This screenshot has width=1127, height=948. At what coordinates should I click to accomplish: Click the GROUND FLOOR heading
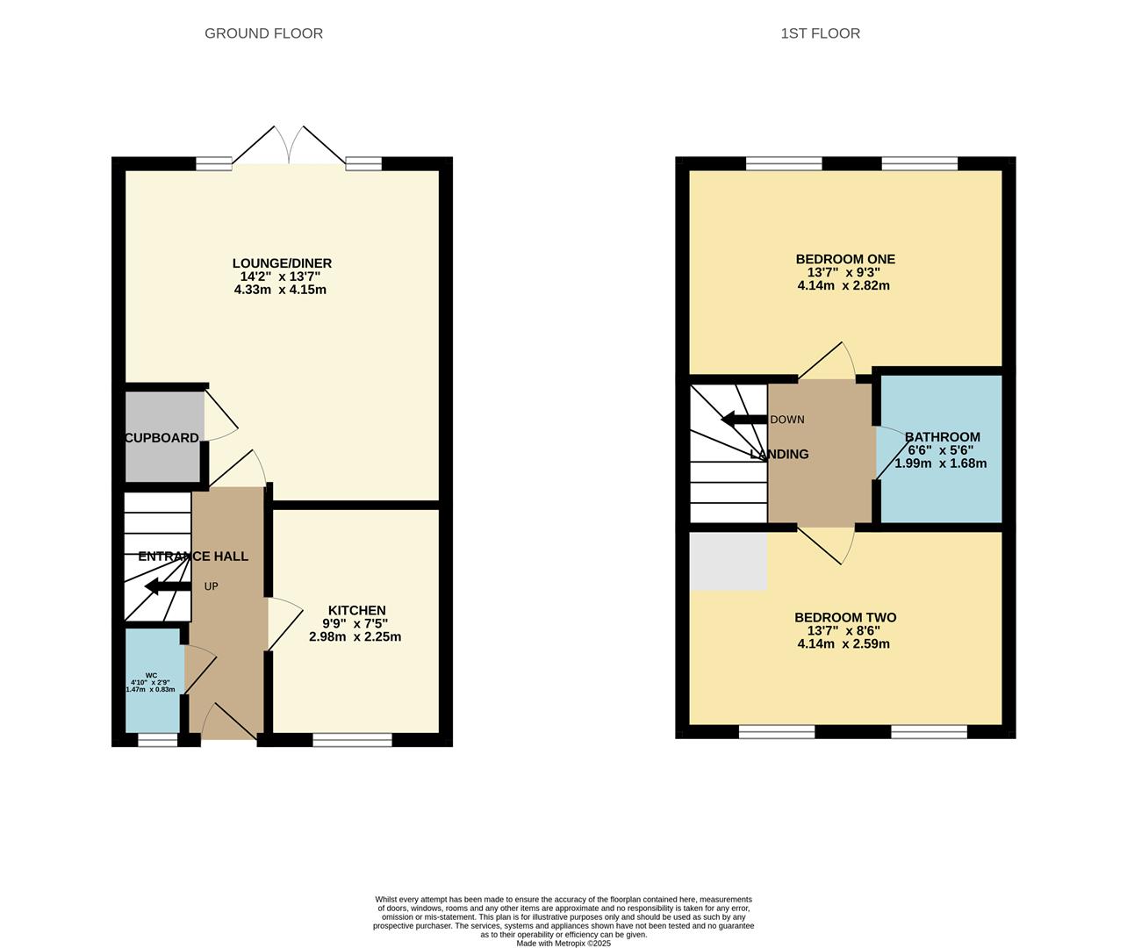pos(263,33)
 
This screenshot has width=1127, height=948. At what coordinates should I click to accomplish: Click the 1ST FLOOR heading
pos(820,33)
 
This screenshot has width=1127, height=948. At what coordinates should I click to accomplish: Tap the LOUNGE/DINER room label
pos(282,263)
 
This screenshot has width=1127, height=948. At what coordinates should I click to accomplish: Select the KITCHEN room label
pos(356,610)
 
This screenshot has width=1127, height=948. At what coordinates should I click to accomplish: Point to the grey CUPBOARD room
pos(163,436)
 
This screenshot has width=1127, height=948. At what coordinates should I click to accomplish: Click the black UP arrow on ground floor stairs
pos(168,586)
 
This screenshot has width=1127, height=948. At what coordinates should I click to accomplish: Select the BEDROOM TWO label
pos(844,617)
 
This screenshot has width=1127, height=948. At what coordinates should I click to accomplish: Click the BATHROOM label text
pos(942,437)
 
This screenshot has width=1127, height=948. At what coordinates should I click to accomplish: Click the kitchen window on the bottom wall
pos(352,740)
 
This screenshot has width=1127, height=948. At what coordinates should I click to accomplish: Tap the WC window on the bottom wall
pos(158,740)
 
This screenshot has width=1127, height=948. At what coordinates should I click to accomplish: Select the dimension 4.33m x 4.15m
pos(280,290)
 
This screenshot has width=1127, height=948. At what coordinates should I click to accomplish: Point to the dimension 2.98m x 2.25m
pos(355,636)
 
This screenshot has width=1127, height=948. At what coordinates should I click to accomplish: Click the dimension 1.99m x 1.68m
pos(940,463)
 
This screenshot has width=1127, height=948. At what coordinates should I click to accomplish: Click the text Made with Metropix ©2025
pos(563,944)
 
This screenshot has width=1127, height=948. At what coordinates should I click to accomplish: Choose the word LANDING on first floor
pos(779,454)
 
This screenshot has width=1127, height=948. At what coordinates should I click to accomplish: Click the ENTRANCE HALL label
pos(193,556)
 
